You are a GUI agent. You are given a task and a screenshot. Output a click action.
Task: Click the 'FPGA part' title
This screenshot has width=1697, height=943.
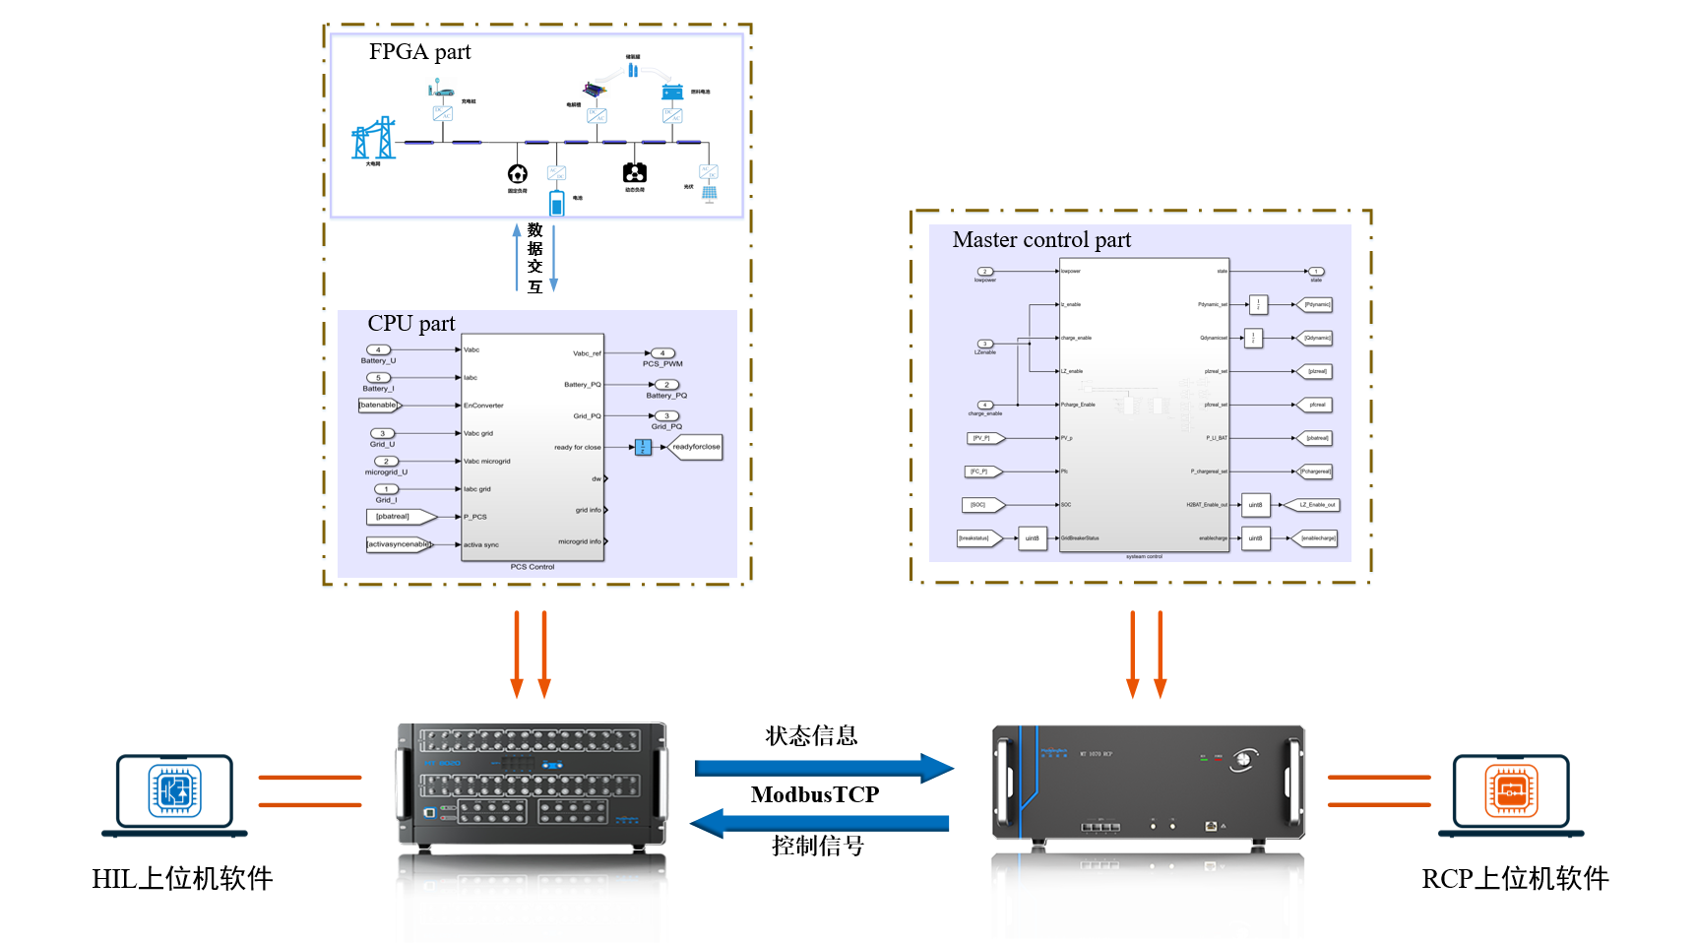click(419, 52)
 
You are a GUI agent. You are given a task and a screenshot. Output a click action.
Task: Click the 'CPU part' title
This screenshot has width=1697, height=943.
click(410, 324)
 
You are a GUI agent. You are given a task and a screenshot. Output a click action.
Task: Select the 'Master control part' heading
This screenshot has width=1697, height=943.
click(1041, 240)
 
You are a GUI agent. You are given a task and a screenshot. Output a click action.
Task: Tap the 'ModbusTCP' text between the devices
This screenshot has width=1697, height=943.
click(814, 794)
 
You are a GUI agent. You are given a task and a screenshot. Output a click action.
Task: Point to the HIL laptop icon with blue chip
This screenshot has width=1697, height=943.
click(174, 793)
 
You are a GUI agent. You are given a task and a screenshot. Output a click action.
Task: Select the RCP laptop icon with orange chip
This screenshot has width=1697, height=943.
click(1511, 793)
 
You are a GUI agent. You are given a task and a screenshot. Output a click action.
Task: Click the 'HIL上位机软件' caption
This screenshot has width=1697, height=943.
click(182, 879)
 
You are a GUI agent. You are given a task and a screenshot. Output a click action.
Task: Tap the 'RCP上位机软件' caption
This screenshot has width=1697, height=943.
click(1515, 879)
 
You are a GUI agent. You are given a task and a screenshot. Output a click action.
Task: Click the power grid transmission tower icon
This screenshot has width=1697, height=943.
click(374, 139)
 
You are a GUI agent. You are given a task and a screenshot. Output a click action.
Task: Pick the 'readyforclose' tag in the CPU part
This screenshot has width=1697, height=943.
click(696, 447)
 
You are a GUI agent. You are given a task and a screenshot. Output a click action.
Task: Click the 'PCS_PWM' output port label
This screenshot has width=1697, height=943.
click(662, 363)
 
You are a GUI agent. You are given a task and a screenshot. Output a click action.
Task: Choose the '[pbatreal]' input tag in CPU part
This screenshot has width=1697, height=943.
click(393, 517)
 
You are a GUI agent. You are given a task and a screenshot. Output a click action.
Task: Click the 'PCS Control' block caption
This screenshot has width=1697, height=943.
click(533, 567)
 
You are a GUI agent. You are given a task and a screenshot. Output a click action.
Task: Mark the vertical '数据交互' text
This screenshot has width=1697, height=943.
click(535, 258)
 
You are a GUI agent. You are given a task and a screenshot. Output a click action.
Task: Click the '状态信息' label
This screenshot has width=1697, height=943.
click(811, 736)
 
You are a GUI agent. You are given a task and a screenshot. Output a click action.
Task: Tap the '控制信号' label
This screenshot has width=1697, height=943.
click(817, 847)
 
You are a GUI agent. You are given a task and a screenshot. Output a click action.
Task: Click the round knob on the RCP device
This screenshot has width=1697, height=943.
click(1243, 759)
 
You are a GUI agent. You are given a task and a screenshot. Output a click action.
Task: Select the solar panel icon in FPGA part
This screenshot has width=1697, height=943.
click(710, 193)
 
